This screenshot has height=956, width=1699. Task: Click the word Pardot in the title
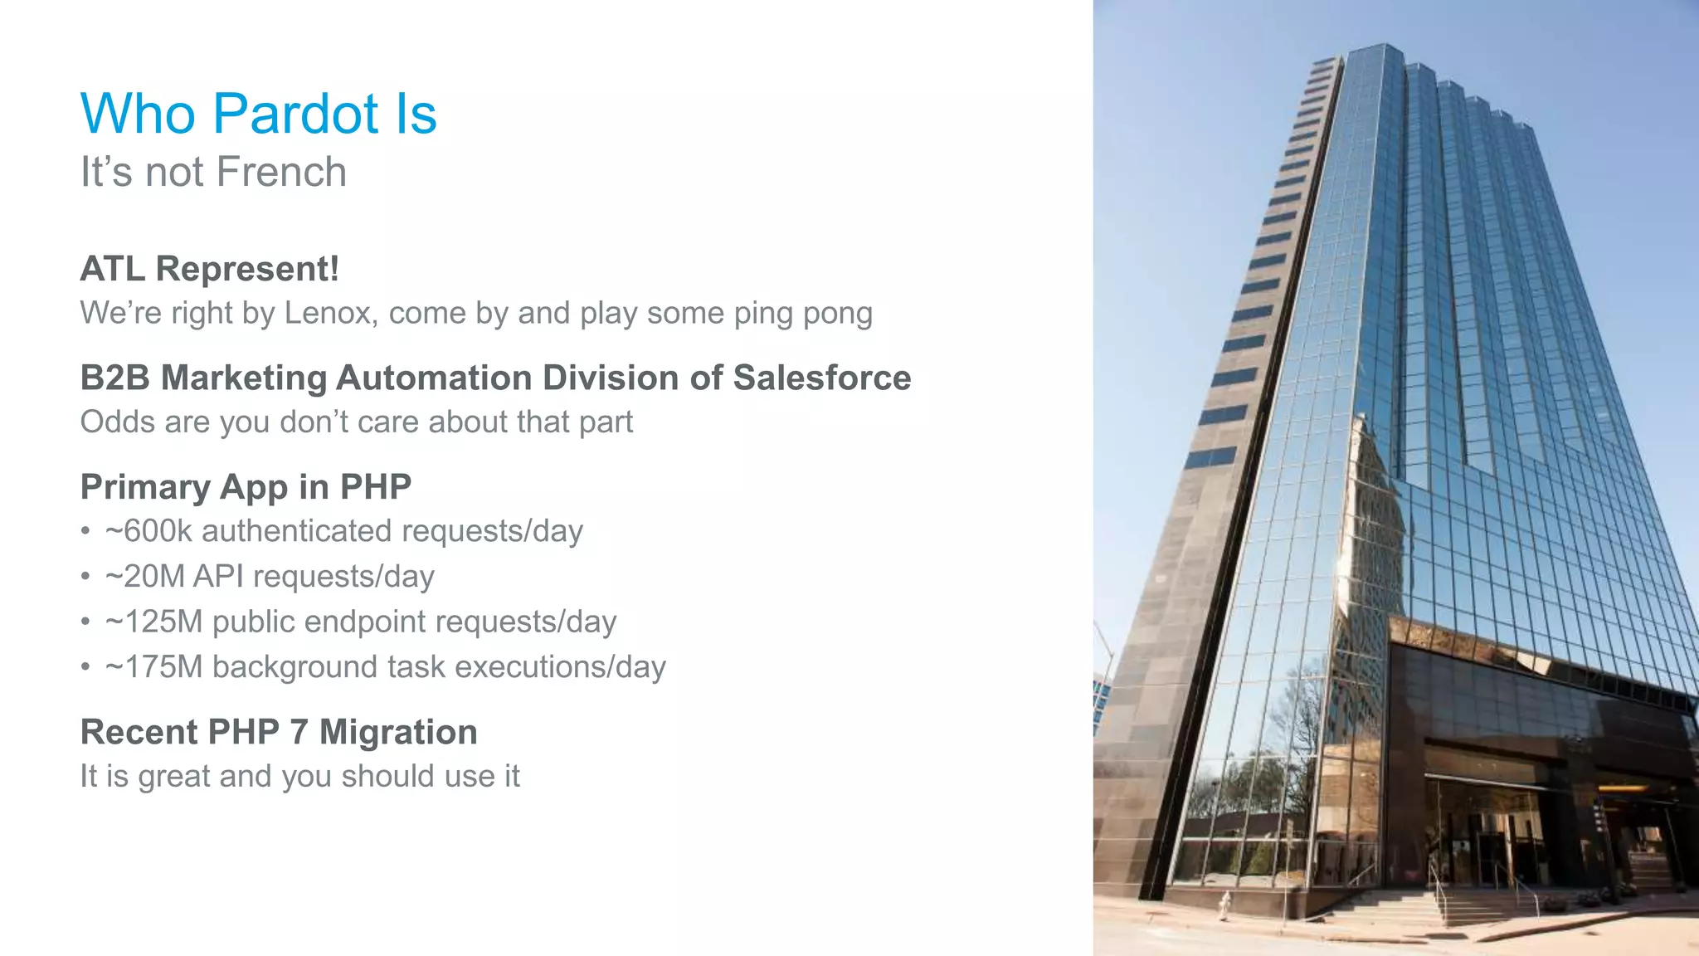click(x=296, y=114)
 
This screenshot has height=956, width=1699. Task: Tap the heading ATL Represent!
click(x=209, y=269)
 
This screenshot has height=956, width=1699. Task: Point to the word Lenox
click(x=328, y=313)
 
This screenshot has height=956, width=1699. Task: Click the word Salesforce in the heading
click(x=821, y=378)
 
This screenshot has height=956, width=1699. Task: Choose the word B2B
click(x=114, y=378)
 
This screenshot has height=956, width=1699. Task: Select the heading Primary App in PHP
click(x=246, y=487)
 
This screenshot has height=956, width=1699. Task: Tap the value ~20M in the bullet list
click(x=145, y=577)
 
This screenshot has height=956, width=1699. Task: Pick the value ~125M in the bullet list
click(x=153, y=622)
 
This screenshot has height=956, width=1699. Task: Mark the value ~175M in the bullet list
click(x=153, y=668)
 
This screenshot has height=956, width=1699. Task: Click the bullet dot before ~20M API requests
click(x=85, y=577)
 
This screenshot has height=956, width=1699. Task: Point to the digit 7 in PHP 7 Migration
click(x=299, y=733)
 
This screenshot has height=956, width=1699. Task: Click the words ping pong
click(x=803, y=314)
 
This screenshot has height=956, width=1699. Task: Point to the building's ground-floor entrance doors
click(x=1485, y=838)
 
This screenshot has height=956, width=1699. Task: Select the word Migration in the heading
click(x=398, y=733)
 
